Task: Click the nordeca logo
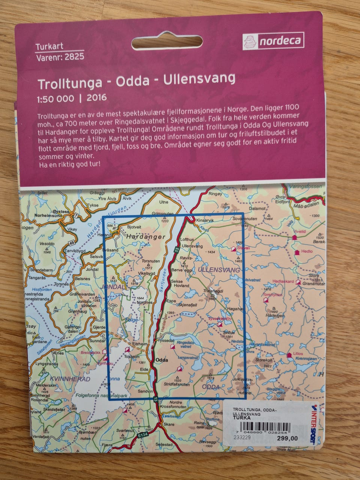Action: pos(273,40)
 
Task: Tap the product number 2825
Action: pos(74,57)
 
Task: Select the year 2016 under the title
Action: pos(96,98)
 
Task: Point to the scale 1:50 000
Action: pos(55,99)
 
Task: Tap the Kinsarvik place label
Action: pos(204,220)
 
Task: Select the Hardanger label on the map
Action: pos(145,237)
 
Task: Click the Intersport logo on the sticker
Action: pos(312,424)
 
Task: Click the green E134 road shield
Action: pos(142,436)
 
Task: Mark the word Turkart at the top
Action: pos(49,47)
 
